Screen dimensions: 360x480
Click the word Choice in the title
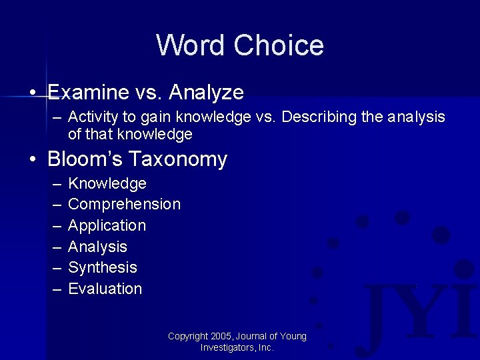point(279,45)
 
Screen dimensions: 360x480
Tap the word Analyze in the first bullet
point(207,91)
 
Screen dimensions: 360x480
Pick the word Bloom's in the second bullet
point(85,159)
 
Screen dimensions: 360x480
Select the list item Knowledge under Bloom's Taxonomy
point(107,183)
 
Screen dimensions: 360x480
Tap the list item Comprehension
point(124,204)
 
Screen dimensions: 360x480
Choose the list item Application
point(107,225)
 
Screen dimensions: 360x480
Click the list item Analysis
point(97,247)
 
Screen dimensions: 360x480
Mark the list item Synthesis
point(103,267)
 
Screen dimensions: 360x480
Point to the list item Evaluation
point(105,289)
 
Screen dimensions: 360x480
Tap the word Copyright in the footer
point(187,337)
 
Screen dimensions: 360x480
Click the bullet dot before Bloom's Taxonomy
point(33,160)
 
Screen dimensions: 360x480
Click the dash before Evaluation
point(56,289)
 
